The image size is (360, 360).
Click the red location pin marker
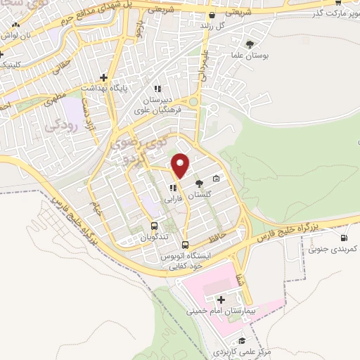pyautogui.click(x=181, y=165)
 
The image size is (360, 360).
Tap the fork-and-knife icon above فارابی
pyautogui.click(x=172, y=187)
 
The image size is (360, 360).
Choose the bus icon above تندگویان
pyautogui.click(x=154, y=226)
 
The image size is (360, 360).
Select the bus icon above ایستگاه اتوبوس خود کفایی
pyautogui.click(x=185, y=245)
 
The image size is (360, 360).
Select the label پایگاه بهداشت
pyautogui.click(x=103, y=88)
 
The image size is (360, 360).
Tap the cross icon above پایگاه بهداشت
pyautogui.click(x=103, y=77)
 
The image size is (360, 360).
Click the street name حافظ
pyautogui.click(x=217, y=238)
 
